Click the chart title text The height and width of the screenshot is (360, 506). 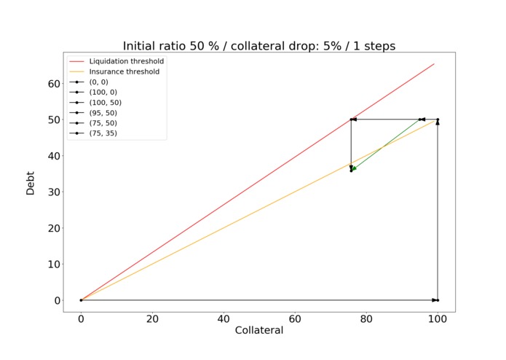[258, 45]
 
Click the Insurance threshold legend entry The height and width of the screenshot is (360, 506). [124, 71]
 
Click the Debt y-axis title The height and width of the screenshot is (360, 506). [31, 182]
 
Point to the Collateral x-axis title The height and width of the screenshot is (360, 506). [258, 330]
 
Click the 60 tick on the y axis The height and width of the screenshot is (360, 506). [53, 83]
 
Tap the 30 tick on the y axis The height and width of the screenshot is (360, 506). [53, 192]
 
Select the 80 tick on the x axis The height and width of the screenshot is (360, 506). [366, 318]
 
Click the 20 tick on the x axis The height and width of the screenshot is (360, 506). [152, 318]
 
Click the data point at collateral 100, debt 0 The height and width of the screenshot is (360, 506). [438, 300]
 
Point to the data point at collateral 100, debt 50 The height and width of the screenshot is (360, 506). [438, 120]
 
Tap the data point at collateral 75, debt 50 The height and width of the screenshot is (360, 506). [351, 120]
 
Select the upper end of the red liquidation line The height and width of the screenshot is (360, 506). [434, 63]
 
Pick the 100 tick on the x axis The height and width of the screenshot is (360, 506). [438, 318]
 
